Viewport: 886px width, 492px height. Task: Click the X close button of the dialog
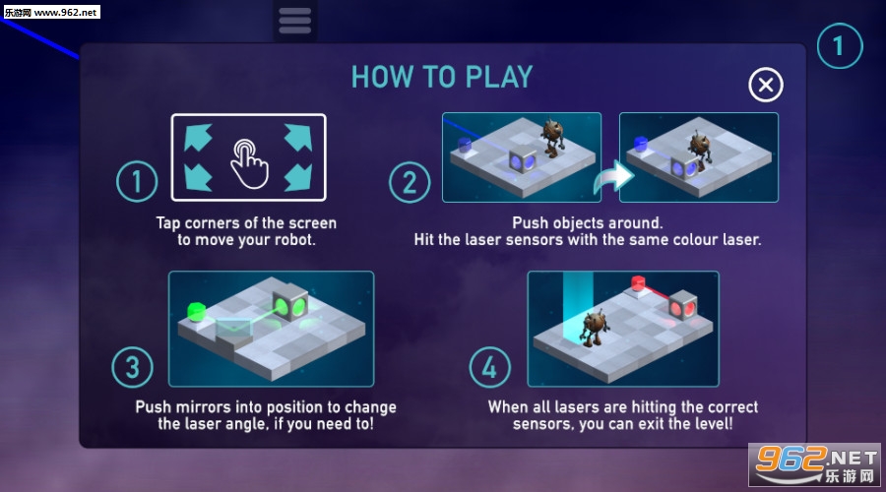[x=766, y=85]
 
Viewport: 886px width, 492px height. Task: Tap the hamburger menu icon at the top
[x=295, y=21]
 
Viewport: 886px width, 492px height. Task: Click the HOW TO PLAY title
[x=442, y=77]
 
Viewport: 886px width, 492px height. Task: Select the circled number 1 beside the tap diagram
[x=137, y=181]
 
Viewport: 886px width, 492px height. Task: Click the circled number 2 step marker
[x=410, y=182]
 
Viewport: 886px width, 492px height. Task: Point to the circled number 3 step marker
[x=132, y=367]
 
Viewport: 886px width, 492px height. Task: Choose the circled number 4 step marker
[x=490, y=367]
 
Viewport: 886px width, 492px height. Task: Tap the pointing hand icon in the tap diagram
[x=249, y=163]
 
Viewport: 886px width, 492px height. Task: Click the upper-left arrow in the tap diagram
[x=198, y=137]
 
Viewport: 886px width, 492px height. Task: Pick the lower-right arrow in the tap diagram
[x=298, y=178]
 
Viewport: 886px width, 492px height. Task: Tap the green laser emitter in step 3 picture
[x=196, y=312]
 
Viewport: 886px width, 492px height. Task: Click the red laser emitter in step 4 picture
[x=638, y=283]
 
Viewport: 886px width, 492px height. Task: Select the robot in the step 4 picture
[x=594, y=327]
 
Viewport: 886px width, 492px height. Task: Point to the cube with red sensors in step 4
[x=682, y=305]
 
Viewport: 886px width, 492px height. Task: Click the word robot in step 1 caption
[x=294, y=240]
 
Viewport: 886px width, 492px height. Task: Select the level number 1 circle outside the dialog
[x=840, y=45]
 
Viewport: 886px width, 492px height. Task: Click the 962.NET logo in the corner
[x=814, y=464]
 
